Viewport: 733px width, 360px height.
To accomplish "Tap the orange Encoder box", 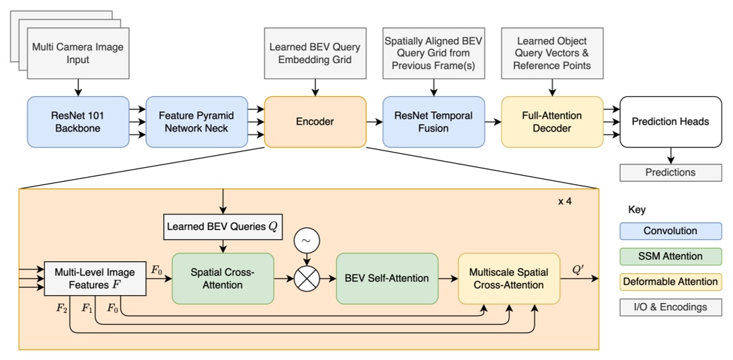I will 315,121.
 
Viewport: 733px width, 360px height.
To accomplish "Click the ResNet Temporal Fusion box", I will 433,121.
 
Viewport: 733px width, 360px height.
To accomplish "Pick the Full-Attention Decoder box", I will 552,121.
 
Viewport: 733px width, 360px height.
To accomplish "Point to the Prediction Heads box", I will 670,121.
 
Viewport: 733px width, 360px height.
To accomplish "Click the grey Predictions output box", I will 670,172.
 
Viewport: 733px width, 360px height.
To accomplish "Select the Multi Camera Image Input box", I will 78,54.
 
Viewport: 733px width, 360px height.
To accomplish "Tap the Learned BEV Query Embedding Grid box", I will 315,54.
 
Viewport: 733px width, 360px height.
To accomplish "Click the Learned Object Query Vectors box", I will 552,54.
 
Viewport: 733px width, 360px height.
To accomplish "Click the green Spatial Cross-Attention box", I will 222,278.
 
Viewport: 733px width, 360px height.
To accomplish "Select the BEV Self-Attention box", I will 387,278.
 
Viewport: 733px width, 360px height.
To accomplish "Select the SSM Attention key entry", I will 670,257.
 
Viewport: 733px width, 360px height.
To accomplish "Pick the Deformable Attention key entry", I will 670,282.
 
